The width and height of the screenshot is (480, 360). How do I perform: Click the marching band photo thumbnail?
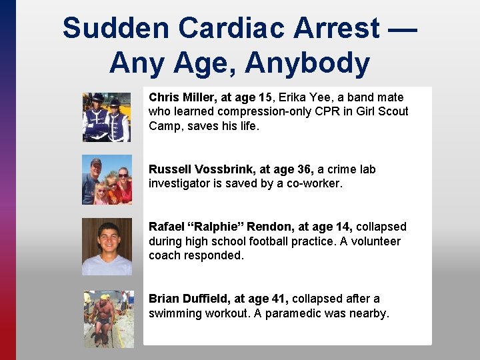[x=107, y=117]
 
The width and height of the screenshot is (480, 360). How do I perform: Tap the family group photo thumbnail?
[x=107, y=179]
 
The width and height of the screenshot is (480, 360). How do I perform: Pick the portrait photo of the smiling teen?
[x=107, y=247]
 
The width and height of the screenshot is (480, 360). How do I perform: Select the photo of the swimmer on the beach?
[x=109, y=319]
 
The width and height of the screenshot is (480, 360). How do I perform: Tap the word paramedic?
[x=293, y=313]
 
